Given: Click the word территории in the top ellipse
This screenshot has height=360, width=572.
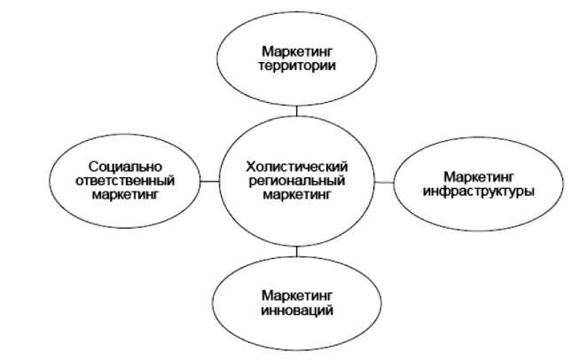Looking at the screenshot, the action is click(297, 66).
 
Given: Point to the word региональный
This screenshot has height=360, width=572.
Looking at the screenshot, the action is click(297, 182).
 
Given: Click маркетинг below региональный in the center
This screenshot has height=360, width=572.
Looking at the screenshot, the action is click(297, 195).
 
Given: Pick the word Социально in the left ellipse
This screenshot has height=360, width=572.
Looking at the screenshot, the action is click(124, 166).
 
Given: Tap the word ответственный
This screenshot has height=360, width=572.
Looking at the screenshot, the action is click(124, 180).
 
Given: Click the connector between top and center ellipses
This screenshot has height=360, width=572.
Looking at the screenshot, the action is click(297, 109).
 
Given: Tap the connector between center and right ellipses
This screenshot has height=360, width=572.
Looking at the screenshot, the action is click(383, 182).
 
